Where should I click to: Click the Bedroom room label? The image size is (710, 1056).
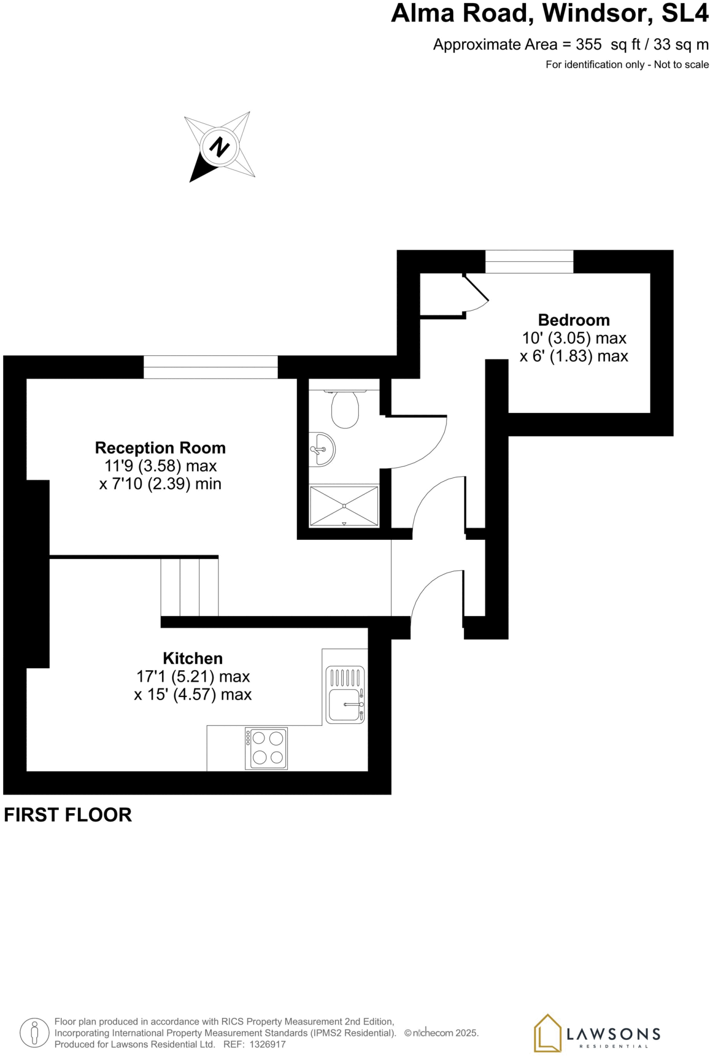(x=573, y=320)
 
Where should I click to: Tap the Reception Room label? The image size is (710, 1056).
(x=160, y=448)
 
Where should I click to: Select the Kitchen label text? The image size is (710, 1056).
(x=192, y=658)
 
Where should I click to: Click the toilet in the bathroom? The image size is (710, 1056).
(x=345, y=409)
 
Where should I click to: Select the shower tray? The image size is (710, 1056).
(x=344, y=506)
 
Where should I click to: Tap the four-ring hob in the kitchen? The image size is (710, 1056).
(x=266, y=748)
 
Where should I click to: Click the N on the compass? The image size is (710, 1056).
(x=220, y=147)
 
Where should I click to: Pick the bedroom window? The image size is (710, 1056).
(x=529, y=261)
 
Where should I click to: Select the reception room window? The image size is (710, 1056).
(x=210, y=367)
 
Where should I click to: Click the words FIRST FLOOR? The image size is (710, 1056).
(x=68, y=815)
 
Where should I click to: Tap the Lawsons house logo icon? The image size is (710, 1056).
(x=547, y=1033)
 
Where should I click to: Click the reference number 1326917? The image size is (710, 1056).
(x=267, y=1044)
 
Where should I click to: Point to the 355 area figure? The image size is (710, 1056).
(x=588, y=45)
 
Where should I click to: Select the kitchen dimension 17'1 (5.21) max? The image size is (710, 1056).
(x=193, y=676)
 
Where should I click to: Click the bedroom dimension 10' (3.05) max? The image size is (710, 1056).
(x=574, y=338)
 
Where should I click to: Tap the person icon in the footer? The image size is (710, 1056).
(x=35, y=1033)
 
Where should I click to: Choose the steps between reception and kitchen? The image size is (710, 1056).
(x=189, y=587)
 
